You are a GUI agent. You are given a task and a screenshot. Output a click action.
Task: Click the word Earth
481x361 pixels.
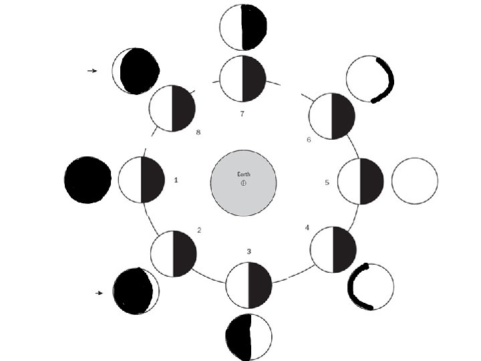pos(244,174)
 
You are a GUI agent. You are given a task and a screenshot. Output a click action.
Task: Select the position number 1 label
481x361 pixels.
pos(176,180)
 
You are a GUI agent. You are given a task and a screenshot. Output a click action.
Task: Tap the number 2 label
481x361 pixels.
pos(199,230)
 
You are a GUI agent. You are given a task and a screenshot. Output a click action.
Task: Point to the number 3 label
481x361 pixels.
pos(249,251)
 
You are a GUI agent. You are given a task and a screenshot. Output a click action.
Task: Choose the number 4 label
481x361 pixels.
pos(307,228)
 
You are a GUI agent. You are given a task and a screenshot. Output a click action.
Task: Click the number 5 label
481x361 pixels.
pos(327,182)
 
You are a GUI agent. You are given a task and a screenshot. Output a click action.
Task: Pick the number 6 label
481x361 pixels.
pos(309,140)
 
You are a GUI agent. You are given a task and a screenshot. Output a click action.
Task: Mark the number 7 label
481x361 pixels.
pos(243,114)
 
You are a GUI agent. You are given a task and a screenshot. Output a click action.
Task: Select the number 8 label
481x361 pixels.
pos(198,132)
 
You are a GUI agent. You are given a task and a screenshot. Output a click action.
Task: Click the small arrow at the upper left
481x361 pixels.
pos(93,70)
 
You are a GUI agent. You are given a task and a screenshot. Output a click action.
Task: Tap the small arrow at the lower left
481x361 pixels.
pos(100,293)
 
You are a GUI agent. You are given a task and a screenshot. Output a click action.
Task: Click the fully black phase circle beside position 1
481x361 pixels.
pos(88,180)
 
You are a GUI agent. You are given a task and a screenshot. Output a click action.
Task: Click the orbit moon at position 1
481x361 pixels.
pos(142,180)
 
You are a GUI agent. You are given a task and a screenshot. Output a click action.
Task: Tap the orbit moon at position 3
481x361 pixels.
pos(249,285)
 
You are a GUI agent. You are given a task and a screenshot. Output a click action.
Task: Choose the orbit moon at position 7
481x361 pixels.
pos(243,78)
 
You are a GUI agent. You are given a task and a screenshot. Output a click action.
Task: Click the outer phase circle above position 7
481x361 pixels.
pos(243,27)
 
